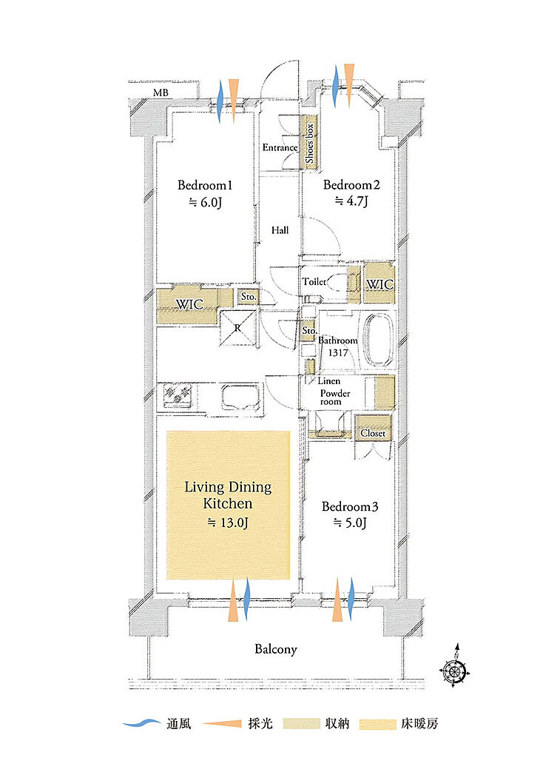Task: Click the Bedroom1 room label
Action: point(205,185)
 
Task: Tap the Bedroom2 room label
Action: point(351,184)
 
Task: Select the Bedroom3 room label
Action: point(350,506)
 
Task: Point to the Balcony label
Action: point(275,648)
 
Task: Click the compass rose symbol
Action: point(454,669)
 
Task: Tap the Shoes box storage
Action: point(309,143)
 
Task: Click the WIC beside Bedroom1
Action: point(189,304)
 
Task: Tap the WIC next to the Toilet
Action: point(379,284)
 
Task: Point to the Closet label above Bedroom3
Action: point(373,433)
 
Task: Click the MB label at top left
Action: point(161,92)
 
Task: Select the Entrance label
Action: point(280,147)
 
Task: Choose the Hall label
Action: point(280,231)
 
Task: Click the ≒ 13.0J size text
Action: point(228,523)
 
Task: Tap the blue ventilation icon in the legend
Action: point(141,724)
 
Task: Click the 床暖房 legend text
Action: point(419,724)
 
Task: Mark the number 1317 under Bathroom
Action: point(338,353)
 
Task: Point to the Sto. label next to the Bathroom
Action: point(309,331)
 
